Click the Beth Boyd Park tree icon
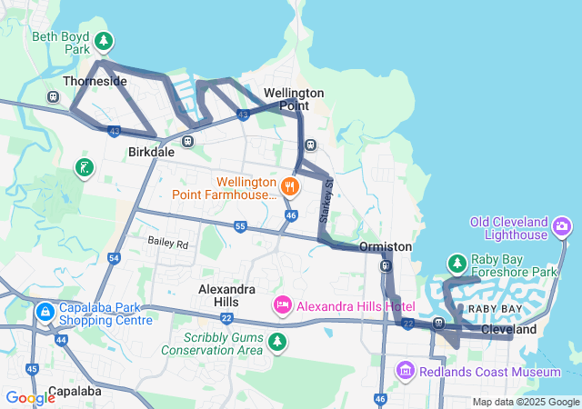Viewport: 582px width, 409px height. (x=105, y=41)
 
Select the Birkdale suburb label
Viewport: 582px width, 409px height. (x=151, y=152)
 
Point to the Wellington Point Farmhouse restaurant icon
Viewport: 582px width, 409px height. (x=290, y=186)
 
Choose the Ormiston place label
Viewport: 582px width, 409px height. (x=386, y=247)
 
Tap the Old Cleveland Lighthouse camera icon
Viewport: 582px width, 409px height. (x=563, y=224)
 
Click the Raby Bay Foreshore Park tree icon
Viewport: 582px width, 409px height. (x=457, y=264)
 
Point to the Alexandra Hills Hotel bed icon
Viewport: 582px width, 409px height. (x=282, y=304)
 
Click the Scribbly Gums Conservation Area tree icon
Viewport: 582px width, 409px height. (x=276, y=342)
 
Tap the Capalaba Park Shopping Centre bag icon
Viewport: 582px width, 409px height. (x=44, y=313)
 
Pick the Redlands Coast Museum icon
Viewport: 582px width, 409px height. (x=406, y=371)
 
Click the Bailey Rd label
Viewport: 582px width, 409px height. (x=168, y=244)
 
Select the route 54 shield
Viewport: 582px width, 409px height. (x=114, y=258)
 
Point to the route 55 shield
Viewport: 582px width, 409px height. (x=240, y=225)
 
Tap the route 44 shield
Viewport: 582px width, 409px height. (x=61, y=339)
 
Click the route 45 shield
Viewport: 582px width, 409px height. (x=32, y=368)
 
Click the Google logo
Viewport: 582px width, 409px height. (x=30, y=397)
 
